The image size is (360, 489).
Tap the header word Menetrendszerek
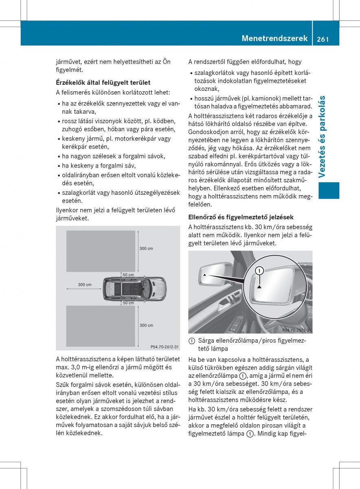click(x=274, y=38)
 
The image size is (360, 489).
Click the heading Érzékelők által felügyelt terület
click(x=103, y=83)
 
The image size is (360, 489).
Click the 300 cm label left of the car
click(x=85, y=284)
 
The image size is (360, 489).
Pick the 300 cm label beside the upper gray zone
click(x=146, y=248)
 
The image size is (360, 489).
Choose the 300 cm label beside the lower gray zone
click(x=146, y=325)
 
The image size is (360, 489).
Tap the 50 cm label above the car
click(x=128, y=275)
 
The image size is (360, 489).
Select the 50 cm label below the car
click(x=128, y=303)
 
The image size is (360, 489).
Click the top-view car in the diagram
click(x=134, y=289)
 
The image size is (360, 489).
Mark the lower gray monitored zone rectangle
click(x=101, y=326)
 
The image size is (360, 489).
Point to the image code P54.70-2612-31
click(x=165, y=347)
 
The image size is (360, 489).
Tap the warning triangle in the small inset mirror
click(x=205, y=276)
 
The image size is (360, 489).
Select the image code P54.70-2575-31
click(x=296, y=330)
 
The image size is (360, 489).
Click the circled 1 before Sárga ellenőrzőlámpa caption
click(x=192, y=340)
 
